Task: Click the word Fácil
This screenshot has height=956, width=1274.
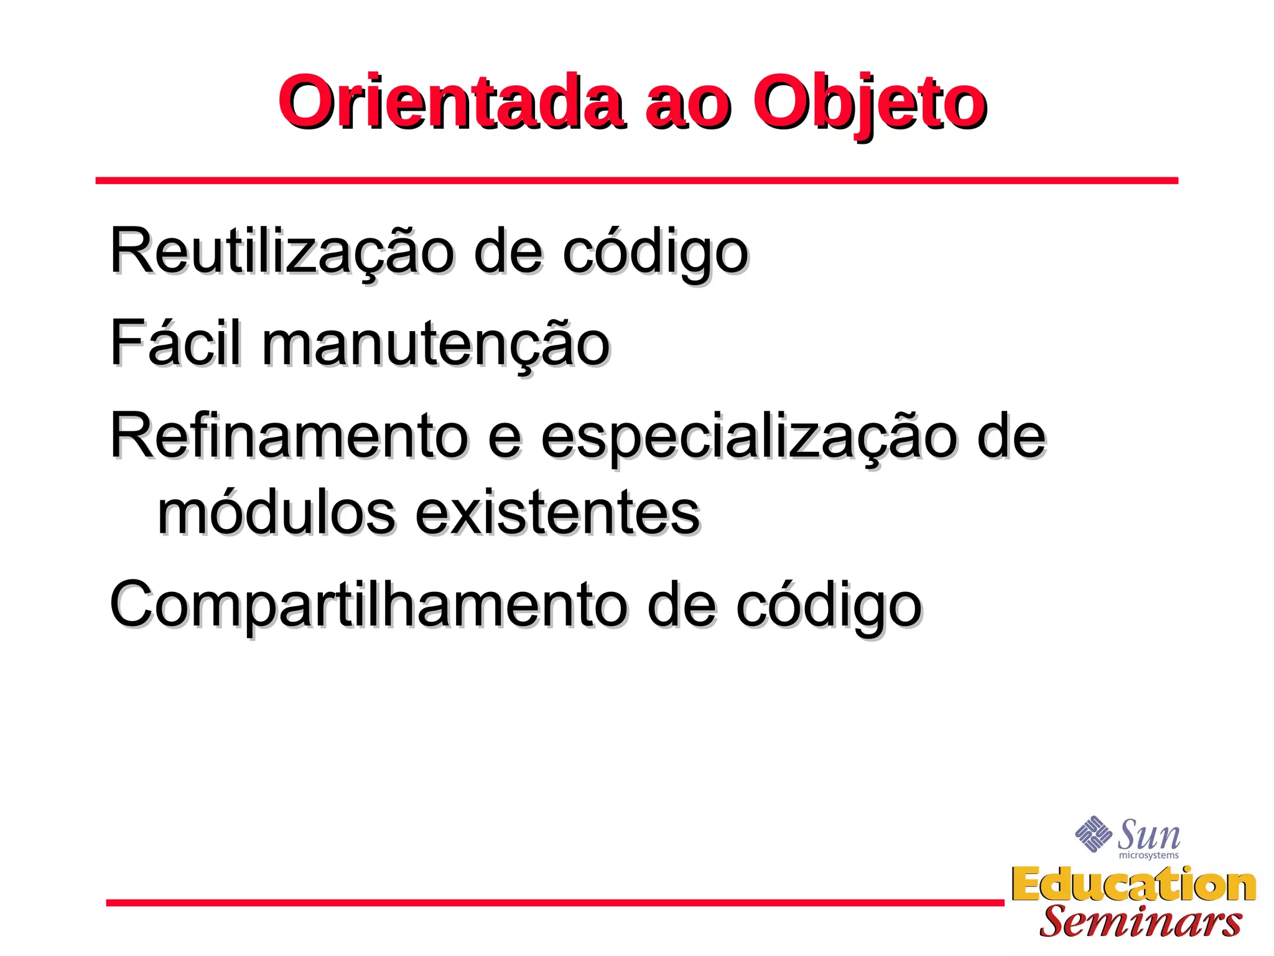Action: pyautogui.click(x=175, y=342)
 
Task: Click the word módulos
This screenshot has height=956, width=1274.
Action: pyautogui.click(x=277, y=513)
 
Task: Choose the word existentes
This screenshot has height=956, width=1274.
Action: pyautogui.click(x=557, y=514)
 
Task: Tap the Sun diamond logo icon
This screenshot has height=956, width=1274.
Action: pyautogui.click(x=1093, y=833)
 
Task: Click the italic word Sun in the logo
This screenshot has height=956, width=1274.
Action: pyautogui.click(x=1148, y=834)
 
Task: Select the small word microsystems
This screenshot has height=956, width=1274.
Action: pyautogui.click(x=1148, y=855)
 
